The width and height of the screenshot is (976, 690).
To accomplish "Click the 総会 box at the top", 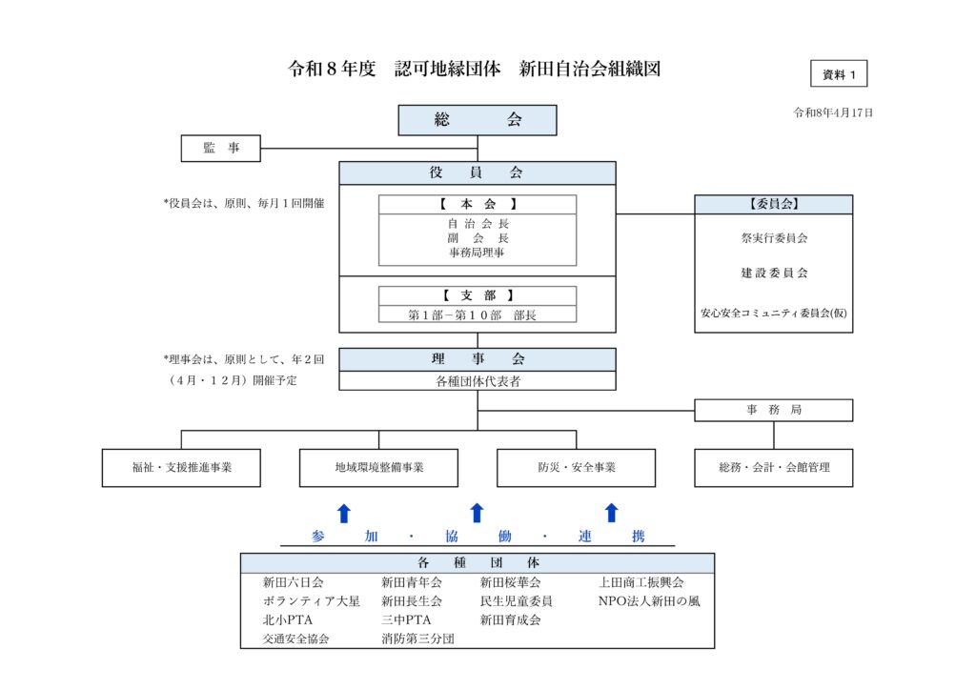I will [x=477, y=120].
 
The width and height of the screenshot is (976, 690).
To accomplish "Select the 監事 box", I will [x=221, y=148].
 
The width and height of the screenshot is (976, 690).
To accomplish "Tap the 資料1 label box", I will [x=839, y=73].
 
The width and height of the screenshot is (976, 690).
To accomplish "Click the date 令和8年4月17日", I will [x=833, y=112].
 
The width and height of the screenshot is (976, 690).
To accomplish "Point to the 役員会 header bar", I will [x=477, y=172].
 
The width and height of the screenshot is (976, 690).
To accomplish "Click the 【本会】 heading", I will [x=477, y=204].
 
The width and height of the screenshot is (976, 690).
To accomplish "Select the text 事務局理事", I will [x=477, y=253].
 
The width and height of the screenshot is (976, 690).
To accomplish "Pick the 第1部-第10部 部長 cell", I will [x=477, y=315].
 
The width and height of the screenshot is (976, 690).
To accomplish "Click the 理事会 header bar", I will [x=477, y=359].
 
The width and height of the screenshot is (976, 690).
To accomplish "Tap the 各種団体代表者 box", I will [x=477, y=381].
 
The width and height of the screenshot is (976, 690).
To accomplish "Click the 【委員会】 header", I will [x=773, y=204].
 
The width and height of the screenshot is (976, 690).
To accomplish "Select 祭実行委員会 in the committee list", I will [x=773, y=238].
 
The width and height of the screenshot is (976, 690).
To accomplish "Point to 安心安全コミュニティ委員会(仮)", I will [x=773, y=312].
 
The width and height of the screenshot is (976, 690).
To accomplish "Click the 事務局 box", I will [x=773, y=410].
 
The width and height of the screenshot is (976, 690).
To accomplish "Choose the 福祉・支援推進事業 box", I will [x=181, y=468].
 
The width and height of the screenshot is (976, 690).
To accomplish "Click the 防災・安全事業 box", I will [x=576, y=468].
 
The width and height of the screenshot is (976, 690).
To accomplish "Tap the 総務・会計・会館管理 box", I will [x=773, y=468].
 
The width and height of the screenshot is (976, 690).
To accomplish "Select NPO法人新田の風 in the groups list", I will [x=648, y=601].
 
